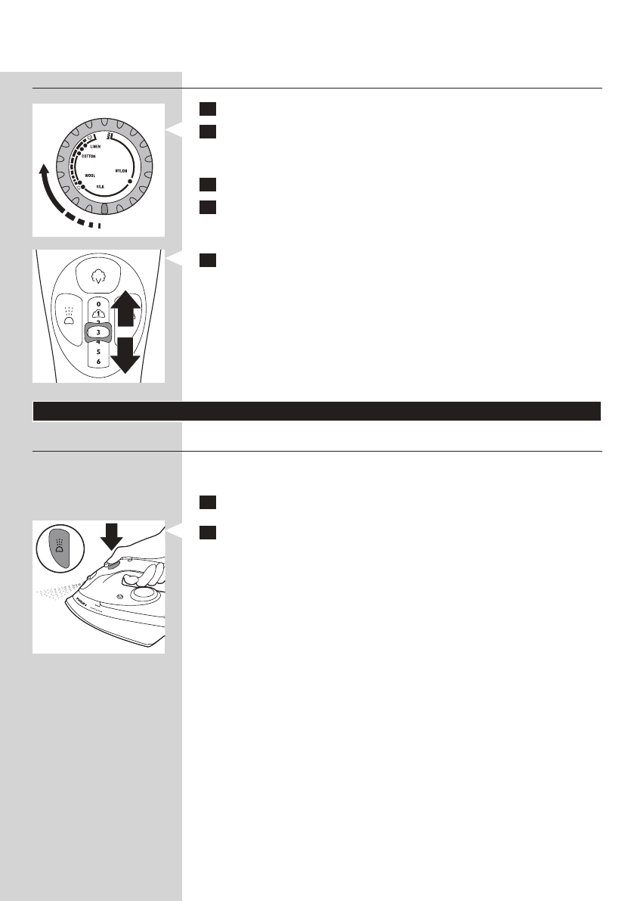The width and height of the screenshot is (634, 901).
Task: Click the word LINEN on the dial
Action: [x=97, y=148]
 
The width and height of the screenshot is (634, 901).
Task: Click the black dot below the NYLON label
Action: [x=130, y=182]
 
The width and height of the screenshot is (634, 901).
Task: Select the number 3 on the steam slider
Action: [x=98, y=331]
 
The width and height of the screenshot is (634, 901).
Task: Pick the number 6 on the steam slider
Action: [x=98, y=362]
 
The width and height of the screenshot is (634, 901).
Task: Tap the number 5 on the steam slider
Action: [x=98, y=352]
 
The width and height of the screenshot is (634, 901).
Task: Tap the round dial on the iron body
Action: [x=140, y=592]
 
